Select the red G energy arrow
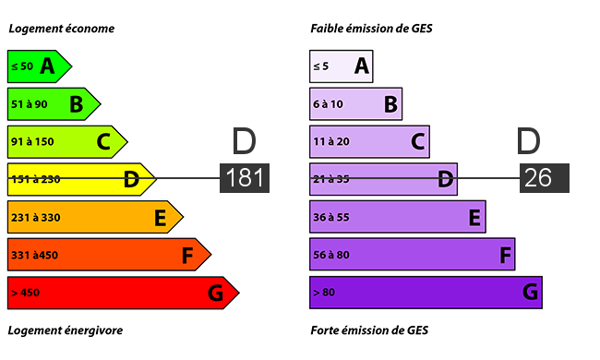coord(123,293)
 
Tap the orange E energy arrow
coord(95,217)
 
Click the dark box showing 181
coord(245,178)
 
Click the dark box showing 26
coord(544,178)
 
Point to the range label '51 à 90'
coord(30,104)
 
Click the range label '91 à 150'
coord(32,141)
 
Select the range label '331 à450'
coord(34,255)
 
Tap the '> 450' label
coord(25,293)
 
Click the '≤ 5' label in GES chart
coord(320,66)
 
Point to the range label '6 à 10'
coord(328,104)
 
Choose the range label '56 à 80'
coord(331,255)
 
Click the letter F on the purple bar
coord(505,255)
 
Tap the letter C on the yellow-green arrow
coord(103,142)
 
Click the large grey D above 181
coord(244,141)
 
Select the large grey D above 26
coord(528,141)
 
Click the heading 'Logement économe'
coord(62,29)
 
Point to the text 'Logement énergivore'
coord(66,330)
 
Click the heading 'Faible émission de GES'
coord(371,29)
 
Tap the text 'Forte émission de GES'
coord(369,330)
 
